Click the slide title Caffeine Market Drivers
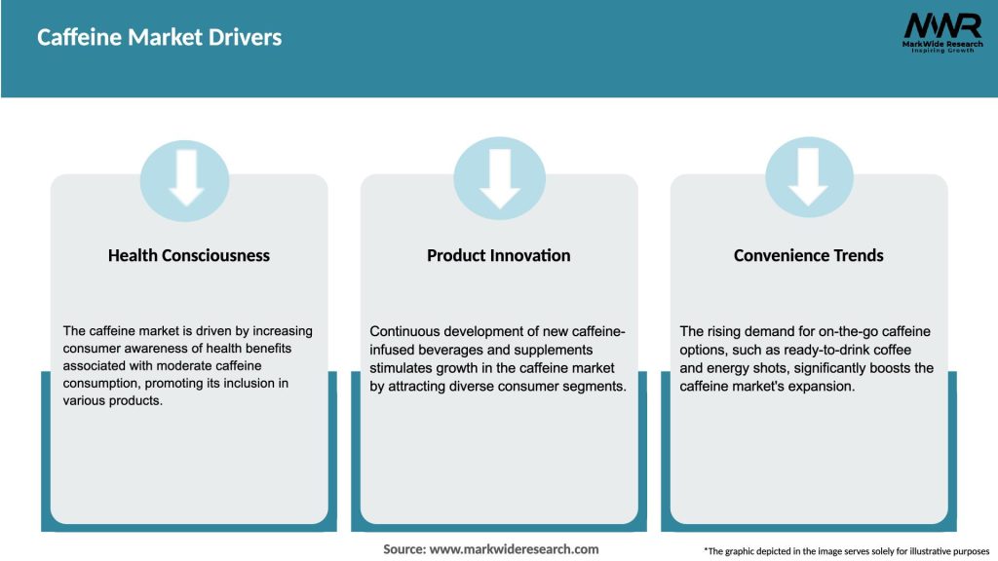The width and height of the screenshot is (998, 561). click(159, 38)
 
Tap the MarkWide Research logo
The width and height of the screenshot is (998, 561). click(942, 32)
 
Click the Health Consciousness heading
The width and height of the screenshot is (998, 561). click(189, 255)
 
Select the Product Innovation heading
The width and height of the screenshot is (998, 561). click(498, 255)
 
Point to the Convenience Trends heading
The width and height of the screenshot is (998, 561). click(808, 255)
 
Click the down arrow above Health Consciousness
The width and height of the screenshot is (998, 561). click(186, 177)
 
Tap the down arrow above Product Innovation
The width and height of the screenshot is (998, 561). click(500, 178)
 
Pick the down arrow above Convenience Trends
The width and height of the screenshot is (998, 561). click(808, 177)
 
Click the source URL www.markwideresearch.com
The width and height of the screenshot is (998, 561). click(514, 549)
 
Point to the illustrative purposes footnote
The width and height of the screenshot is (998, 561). click(847, 551)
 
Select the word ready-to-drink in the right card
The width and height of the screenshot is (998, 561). click(825, 350)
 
